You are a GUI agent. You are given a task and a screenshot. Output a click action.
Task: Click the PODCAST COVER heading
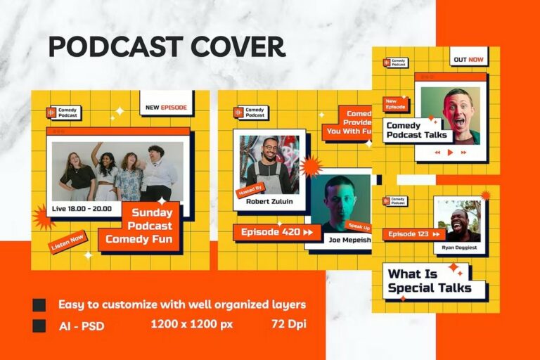[x=167, y=47]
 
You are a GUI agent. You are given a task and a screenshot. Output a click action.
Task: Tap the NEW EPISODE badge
[x=166, y=108]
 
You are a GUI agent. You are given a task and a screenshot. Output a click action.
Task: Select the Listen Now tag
[x=68, y=242]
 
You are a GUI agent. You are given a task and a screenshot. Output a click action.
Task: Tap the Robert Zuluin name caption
[x=269, y=202]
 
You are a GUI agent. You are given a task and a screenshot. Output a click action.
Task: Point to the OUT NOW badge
[x=467, y=60]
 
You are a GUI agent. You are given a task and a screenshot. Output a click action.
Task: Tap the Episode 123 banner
[x=414, y=234]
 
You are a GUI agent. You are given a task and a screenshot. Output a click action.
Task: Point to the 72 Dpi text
[x=288, y=324]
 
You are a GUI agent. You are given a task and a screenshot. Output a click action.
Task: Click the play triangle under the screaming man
[x=450, y=152]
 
